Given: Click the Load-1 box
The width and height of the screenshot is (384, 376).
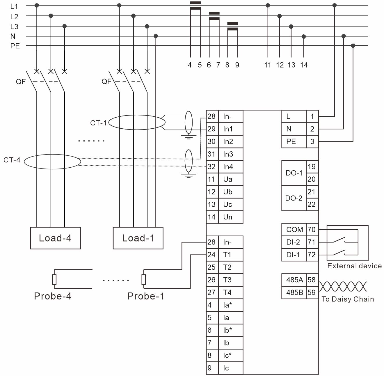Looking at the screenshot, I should click(x=138, y=238).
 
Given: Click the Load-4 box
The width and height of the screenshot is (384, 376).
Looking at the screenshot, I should click(x=55, y=238).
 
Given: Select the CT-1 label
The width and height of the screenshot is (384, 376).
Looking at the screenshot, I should click(x=98, y=123).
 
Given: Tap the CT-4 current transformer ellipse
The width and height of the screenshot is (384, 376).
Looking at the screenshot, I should click(x=52, y=162).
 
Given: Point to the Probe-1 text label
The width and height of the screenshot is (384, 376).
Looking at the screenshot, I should click(x=146, y=296).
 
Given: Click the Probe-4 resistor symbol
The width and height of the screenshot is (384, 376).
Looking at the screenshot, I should click(x=54, y=279).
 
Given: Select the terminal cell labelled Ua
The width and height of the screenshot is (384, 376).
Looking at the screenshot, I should click(x=230, y=179).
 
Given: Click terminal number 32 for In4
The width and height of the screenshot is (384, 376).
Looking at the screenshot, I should click(x=212, y=167).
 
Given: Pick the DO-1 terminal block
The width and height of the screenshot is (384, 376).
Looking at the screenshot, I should click(x=294, y=173).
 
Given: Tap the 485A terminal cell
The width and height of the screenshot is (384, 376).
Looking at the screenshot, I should click(x=294, y=280).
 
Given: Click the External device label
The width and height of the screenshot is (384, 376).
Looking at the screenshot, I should click(x=354, y=266).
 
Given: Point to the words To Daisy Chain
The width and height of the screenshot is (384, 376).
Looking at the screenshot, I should click(x=348, y=299).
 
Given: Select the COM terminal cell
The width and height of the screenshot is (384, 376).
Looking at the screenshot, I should click(x=294, y=230).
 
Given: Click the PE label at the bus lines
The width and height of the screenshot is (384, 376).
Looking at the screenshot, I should click(x=15, y=46).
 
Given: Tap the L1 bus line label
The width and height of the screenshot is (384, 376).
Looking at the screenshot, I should click(x=14, y=6).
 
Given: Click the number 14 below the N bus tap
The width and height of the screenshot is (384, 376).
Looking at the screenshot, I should click(x=304, y=65).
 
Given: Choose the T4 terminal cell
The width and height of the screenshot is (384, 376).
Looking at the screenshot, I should click(x=230, y=292).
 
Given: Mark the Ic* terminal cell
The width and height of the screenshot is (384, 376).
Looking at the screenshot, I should click(x=230, y=355).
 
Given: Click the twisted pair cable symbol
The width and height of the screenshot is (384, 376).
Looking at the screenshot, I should click(x=343, y=286).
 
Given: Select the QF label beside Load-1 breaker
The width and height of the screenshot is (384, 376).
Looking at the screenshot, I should click(x=106, y=81).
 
